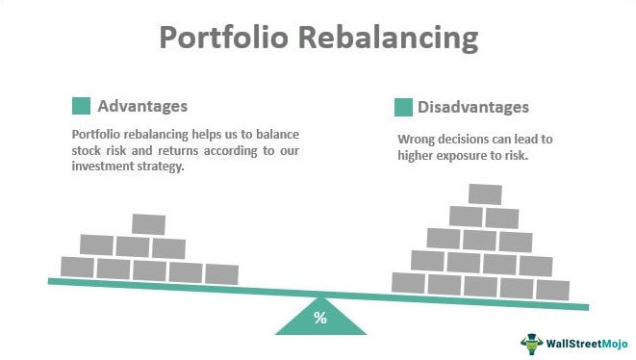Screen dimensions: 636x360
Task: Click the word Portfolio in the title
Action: pos(224,38)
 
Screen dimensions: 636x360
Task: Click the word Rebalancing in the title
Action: pos(389,39)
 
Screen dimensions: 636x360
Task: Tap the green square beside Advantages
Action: pos(81,106)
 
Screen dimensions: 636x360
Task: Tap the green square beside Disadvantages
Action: pos(403,107)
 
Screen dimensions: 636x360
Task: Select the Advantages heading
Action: pos(142,106)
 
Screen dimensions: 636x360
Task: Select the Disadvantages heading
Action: pos(473,107)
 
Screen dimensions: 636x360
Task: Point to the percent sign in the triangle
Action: pos(320,318)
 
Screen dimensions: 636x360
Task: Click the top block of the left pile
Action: pos(148,224)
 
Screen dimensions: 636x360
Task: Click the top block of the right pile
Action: pos(485,194)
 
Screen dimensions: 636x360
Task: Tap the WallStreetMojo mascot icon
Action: pos(532,344)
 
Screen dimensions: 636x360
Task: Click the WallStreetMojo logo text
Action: pos(587,345)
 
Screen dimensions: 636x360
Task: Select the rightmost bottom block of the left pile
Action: pos(221,274)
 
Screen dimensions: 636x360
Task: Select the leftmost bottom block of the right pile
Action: pos(409,282)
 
